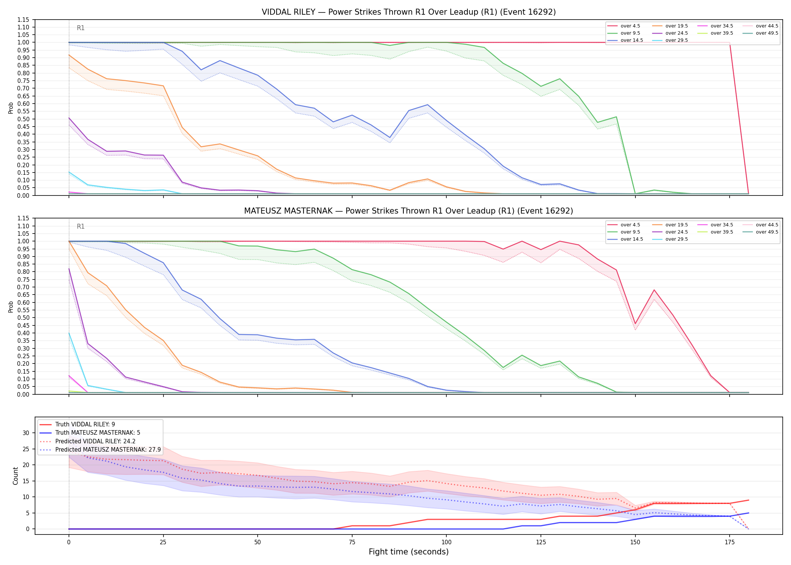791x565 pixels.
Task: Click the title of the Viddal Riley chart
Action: click(x=409, y=12)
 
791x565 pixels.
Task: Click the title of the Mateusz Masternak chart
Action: click(x=409, y=211)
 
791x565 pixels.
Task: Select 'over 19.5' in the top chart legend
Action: click(x=676, y=26)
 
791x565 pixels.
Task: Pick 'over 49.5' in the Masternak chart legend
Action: click(x=767, y=232)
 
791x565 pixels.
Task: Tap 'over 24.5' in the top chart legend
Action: click(x=676, y=33)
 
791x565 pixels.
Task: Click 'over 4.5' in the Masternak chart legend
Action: click(x=630, y=225)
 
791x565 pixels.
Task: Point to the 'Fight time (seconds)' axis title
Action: click(x=409, y=552)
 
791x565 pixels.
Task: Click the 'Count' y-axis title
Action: click(x=15, y=476)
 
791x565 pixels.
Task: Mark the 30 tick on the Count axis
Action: click(x=26, y=433)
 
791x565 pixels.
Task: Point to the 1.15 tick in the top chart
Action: click(x=23, y=20)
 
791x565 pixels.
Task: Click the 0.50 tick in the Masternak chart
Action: click(x=23, y=318)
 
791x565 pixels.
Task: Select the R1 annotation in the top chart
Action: click(x=81, y=28)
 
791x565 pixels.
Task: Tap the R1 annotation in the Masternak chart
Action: click(x=81, y=226)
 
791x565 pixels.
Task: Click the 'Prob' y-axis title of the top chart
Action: click(x=11, y=108)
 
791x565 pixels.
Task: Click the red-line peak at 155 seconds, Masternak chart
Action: click(x=654, y=290)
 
